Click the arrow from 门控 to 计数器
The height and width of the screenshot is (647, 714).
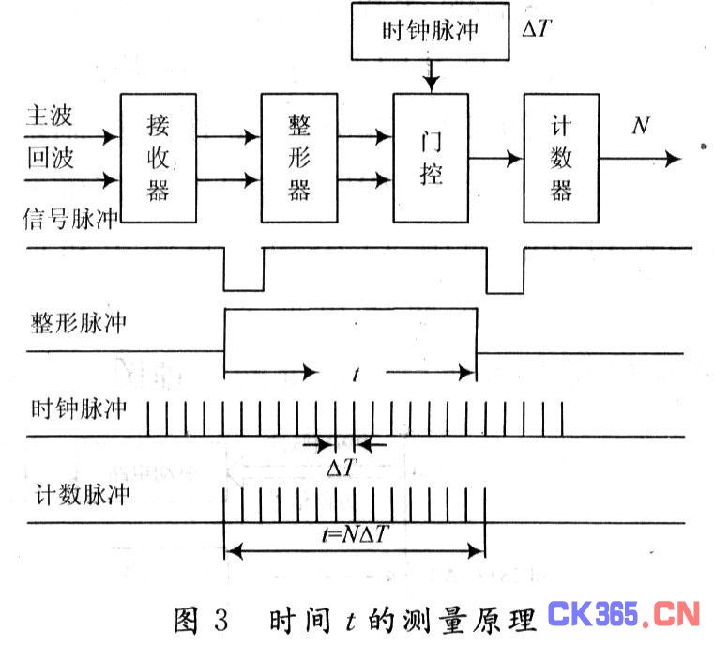pos(496,159)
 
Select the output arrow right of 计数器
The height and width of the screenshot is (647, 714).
pos(640,159)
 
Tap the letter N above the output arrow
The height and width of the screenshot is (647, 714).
pos(641,125)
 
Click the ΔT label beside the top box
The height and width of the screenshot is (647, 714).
pos(537,28)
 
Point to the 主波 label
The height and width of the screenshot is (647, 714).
pos(49,116)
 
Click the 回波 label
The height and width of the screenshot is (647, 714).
pos(50,158)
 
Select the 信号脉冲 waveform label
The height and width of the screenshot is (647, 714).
pos(70,219)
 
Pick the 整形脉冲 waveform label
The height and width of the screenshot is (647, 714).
pos(78,323)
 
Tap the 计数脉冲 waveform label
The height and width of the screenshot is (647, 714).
pos(83,494)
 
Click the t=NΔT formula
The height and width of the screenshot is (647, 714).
pos(356,533)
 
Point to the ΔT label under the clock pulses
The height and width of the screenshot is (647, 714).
pos(342,467)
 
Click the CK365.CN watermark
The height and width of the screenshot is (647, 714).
pos(623,614)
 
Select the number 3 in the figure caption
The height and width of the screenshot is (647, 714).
pos(220,620)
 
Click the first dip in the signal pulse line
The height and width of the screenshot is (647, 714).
pos(244,290)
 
